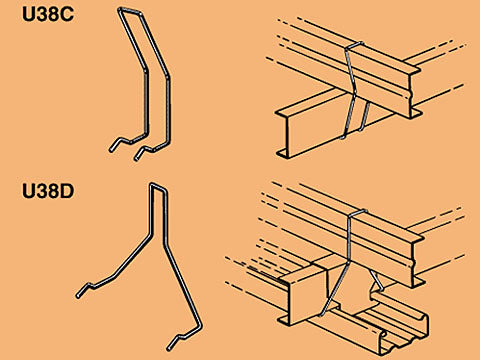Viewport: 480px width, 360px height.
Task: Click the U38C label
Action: pyautogui.click(x=48, y=15)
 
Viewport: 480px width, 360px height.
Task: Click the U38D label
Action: pyautogui.click(x=48, y=191)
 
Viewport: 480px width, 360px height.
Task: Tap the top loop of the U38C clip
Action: pyautogui.click(x=129, y=11)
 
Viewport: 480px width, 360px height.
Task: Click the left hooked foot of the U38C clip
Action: pyautogui.click(x=121, y=144)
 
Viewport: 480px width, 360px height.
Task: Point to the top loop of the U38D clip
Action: pyautogui.click(x=158, y=187)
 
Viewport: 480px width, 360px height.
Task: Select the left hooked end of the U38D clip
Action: pyautogui.click(x=86, y=289)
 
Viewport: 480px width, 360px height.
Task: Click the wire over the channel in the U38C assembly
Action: pyautogui.click(x=355, y=45)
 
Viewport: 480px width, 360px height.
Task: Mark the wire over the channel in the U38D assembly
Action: pyautogui.click(x=358, y=212)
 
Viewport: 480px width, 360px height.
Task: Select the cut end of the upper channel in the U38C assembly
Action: pyautogui.click(x=413, y=93)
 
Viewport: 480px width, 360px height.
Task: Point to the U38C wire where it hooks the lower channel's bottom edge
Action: pyautogui.click(x=343, y=136)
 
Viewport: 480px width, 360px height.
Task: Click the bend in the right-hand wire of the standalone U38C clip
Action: pyautogui.click(x=167, y=77)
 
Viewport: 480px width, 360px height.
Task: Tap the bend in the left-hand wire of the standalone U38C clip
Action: pyautogui.click(x=145, y=71)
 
